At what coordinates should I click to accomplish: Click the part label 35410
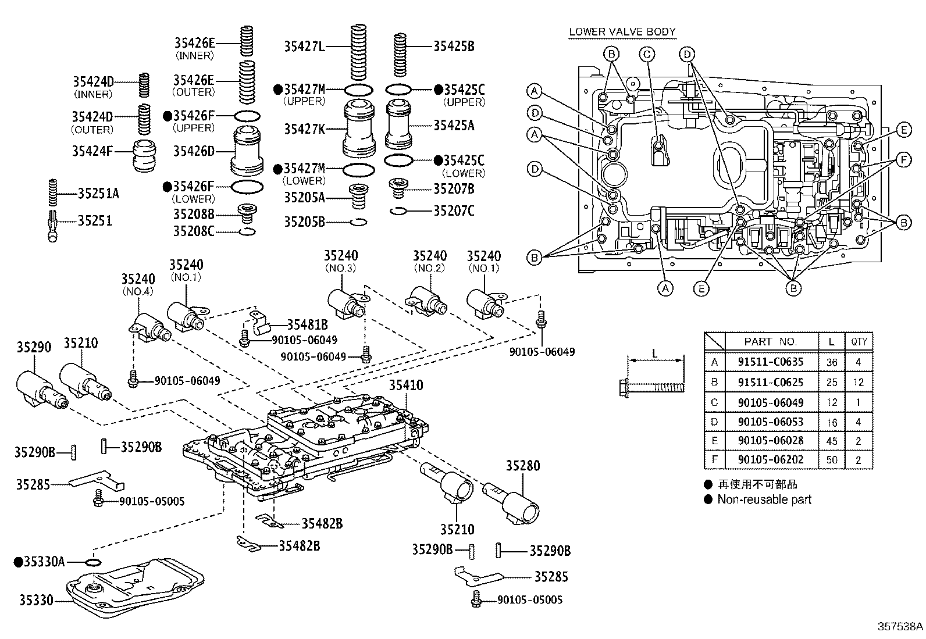(x=406, y=385)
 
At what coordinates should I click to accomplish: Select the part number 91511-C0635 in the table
(x=770, y=362)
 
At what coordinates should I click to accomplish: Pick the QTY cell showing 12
(x=859, y=383)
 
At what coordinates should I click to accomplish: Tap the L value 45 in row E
(x=832, y=441)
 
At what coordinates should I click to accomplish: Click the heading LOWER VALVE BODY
(x=622, y=32)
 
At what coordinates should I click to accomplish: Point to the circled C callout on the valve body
(x=647, y=55)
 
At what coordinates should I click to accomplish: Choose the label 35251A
(x=98, y=194)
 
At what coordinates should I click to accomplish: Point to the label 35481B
(x=307, y=325)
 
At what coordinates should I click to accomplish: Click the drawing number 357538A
(x=900, y=627)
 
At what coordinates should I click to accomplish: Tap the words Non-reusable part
(x=764, y=499)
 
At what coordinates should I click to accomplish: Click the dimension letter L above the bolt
(x=654, y=354)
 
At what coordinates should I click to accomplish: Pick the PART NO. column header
(x=770, y=342)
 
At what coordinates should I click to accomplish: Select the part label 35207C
(x=453, y=211)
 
